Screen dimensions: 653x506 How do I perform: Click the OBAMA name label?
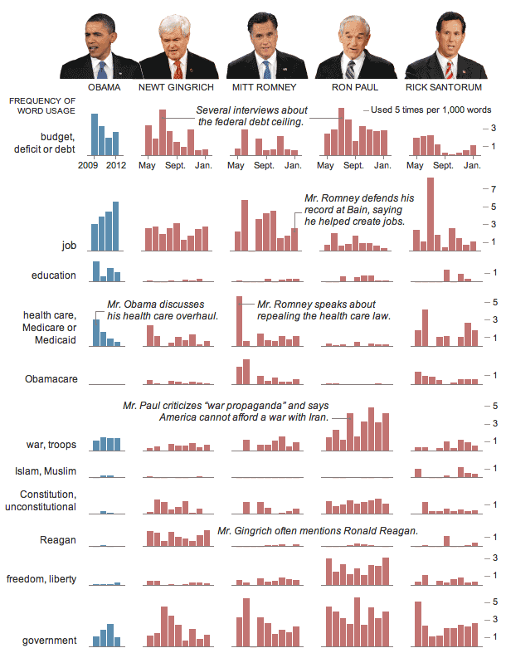tap(105, 86)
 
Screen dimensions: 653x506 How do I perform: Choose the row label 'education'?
tap(54, 275)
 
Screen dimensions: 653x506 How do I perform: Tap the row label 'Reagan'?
tap(58, 540)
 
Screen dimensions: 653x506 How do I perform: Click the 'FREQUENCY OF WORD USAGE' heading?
tap(42, 105)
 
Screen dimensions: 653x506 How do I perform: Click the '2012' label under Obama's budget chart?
tap(116, 166)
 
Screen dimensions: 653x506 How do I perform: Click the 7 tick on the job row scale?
tap(494, 188)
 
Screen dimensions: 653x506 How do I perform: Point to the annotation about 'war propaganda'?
tap(226, 411)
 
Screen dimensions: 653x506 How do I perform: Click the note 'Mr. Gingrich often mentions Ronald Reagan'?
tap(318, 531)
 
